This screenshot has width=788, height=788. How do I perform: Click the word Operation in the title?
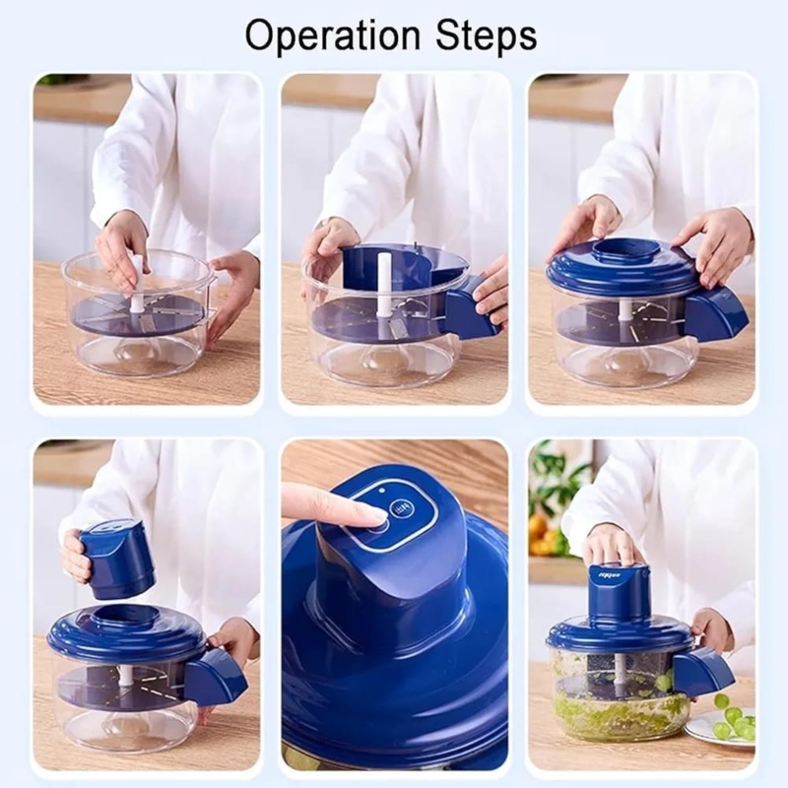(x=324, y=35)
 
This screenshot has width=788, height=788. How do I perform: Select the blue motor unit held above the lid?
(x=116, y=558)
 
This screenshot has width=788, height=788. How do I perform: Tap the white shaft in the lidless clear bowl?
(x=137, y=287)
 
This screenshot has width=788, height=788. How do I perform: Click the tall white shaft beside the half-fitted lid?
(x=384, y=285)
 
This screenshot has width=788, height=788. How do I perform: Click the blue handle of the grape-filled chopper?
(x=702, y=672)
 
